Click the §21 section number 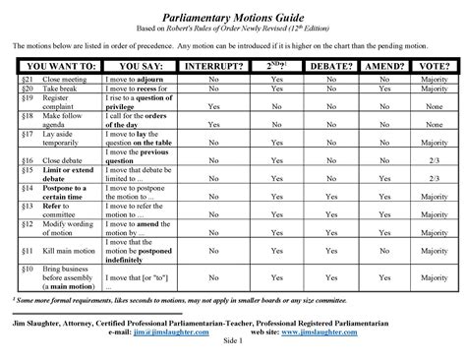click(x=27, y=78)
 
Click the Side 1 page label click(x=233, y=343)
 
